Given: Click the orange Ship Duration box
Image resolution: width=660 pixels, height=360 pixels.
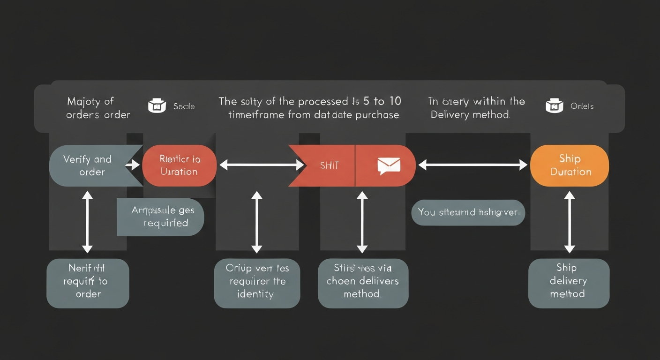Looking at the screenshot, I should tap(570, 165).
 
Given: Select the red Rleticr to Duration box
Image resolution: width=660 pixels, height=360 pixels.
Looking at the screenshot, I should tap(179, 165).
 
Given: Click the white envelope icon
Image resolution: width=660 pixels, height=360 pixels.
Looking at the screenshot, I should tap(389, 165).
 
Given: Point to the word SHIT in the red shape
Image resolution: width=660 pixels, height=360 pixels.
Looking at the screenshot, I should tap(329, 165).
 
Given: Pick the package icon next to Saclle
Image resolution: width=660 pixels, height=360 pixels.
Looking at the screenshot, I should tap(157, 106).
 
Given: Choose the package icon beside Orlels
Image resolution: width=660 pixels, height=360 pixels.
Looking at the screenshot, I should tap(554, 106).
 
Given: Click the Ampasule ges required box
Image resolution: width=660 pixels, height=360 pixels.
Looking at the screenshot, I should tap(160, 217).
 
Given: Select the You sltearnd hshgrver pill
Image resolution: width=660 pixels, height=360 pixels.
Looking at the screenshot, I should tap(468, 212).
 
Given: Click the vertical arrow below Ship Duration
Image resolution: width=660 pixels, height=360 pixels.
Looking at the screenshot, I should tap(569, 222).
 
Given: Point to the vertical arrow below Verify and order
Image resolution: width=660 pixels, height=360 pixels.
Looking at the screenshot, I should tap(87, 222).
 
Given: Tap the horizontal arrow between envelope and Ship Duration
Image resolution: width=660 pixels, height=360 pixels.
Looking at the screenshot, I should tap(472, 165).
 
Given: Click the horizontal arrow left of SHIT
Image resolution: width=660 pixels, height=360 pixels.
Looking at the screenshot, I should tap(262, 165).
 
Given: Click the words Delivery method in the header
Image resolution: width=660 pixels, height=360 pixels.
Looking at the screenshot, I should tap(470, 114).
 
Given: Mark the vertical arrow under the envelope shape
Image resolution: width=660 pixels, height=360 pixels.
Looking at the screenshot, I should tap(362, 222).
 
